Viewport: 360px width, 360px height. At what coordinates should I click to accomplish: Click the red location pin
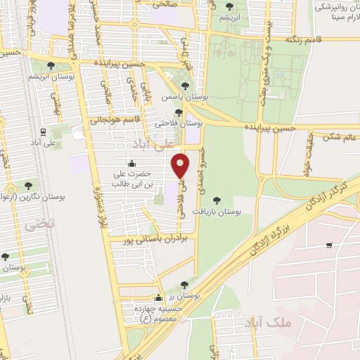click(x=181, y=166)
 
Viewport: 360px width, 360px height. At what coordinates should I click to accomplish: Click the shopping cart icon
click(x=329, y=245)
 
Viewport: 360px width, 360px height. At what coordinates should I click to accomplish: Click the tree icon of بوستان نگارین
click(x=28, y=186)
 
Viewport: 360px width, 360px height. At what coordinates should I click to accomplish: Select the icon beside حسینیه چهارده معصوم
click(x=159, y=297)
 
